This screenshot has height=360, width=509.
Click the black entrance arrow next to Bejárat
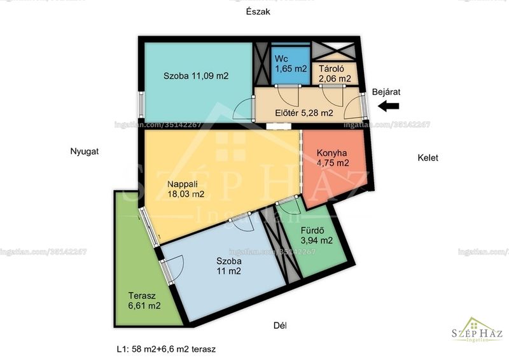pos(389,106)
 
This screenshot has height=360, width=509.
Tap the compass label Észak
pos(258,12)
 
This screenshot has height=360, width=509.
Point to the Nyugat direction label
pos(85,151)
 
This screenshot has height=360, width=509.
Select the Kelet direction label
pos(428,158)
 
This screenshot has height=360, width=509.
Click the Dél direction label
pos(280,326)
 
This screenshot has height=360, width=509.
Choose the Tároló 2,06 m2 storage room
pos(335,73)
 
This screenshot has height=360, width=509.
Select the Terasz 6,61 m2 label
pos(144,301)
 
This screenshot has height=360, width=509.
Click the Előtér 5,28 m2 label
pos(304,113)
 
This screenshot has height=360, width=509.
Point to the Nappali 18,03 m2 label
pos(186,189)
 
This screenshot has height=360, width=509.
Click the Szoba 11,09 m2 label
pos(196,76)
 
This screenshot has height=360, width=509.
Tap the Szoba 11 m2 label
pos(229,266)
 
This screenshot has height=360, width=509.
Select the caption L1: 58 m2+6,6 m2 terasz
pos(166,349)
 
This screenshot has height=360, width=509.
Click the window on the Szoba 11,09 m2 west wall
pos(141,104)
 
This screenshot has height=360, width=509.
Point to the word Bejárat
pos(386,92)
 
